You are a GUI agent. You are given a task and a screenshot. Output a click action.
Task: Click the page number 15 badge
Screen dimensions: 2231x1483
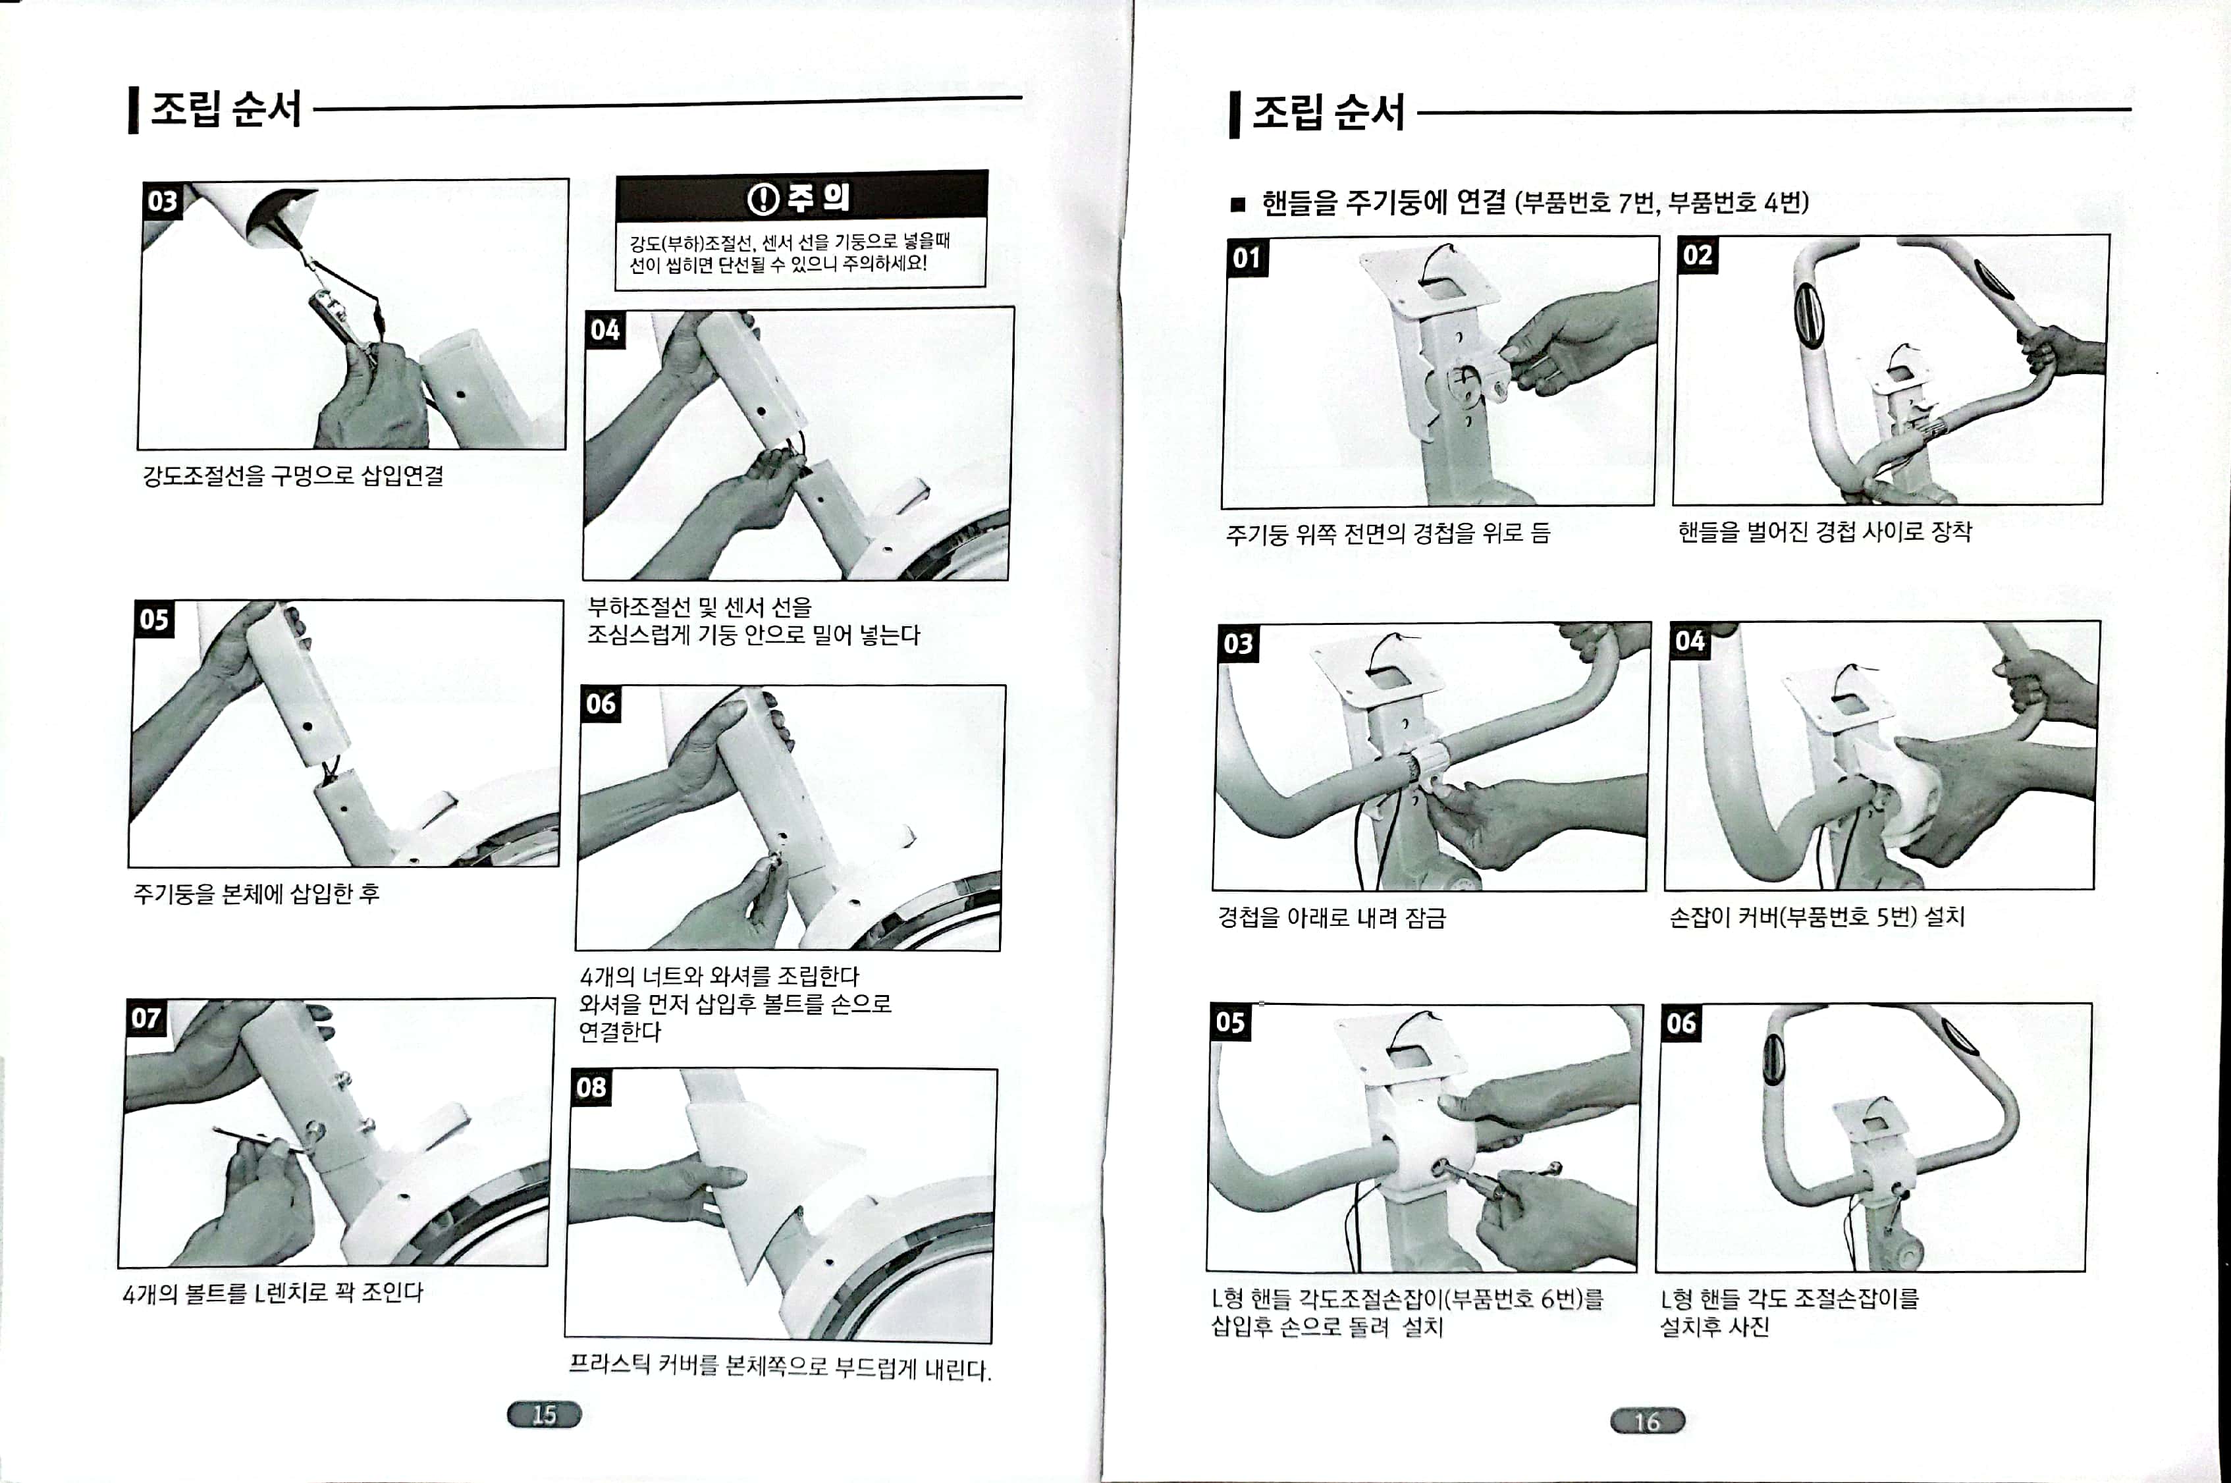coord(544,1415)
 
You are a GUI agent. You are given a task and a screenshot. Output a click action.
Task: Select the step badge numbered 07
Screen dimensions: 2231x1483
coord(147,1019)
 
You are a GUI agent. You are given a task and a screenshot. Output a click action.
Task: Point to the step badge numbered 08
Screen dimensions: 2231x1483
coord(592,1088)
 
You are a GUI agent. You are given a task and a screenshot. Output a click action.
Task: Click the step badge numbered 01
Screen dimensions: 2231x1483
coord(1247,257)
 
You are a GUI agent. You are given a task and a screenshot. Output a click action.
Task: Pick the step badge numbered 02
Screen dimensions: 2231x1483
coord(1698,256)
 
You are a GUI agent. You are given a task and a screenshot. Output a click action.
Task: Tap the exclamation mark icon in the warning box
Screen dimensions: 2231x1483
coord(763,199)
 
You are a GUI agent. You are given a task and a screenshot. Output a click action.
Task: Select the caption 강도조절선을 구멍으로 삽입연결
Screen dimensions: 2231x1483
coord(293,475)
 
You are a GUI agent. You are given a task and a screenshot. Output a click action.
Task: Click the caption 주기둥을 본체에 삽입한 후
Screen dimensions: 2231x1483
coord(256,893)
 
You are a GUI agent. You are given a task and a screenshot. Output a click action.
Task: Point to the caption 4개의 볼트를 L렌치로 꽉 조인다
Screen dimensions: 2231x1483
coord(273,1292)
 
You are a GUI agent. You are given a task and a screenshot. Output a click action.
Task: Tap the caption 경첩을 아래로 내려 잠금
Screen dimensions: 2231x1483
coord(1331,917)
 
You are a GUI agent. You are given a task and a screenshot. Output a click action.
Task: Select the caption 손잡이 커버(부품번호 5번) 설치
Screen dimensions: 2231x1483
coord(1817,917)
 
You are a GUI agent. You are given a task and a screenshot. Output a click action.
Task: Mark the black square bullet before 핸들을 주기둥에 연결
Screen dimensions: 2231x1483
coord(1238,204)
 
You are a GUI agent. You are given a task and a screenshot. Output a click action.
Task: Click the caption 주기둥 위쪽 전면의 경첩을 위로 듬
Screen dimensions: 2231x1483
coord(1388,534)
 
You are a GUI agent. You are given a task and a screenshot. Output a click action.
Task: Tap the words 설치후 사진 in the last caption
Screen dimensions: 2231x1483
coord(1715,1327)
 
